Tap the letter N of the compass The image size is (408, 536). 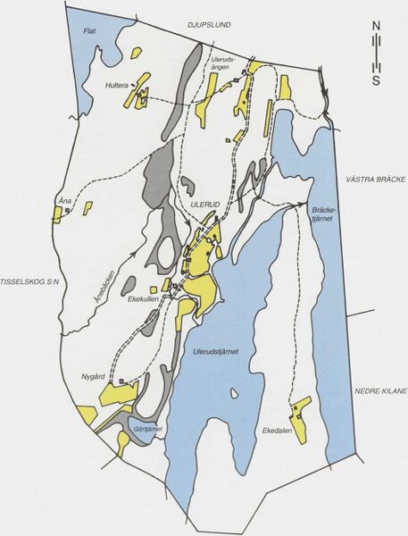pyautogui.click(x=377, y=26)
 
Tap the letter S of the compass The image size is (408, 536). pyautogui.click(x=377, y=81)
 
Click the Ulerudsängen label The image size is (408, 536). pyautogui.click(x=224, y=64)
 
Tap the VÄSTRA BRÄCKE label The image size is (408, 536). pyautogui.click(x=376, y=180)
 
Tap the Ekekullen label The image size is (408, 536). pyautogui.click(x=143, y=300)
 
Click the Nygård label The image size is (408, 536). pyautogui.click(x=94, y=378)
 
